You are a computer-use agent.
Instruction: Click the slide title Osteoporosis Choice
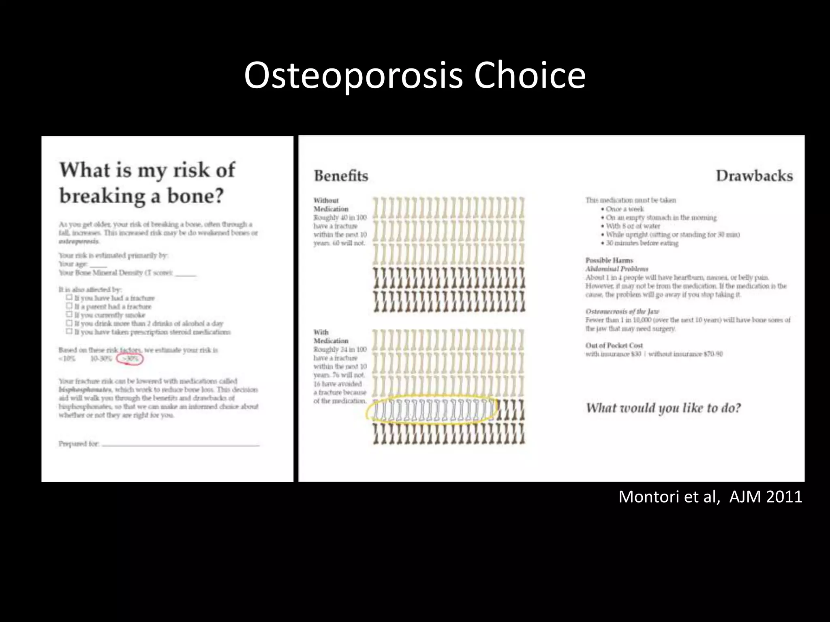(x=415, y=76)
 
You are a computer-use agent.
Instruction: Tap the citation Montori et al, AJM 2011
(x=710, y=496)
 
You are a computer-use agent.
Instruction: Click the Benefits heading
(x=341, y=176)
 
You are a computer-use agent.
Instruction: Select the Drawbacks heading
(x=754, y=176)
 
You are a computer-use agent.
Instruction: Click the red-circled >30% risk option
(x=130, y=359)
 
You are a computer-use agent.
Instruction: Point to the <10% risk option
(x=67, y=359)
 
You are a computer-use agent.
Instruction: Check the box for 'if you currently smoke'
(x=69, y=315)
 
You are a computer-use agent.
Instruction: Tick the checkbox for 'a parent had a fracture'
(x=69, y=306)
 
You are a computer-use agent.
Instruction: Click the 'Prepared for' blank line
(x=180, y=444)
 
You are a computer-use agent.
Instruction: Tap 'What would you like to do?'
(x=663, y=408)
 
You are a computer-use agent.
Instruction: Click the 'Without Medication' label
(x=330, y=204)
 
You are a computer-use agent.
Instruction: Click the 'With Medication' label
(x=330, y=337)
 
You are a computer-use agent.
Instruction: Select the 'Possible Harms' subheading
(x=609, y=260)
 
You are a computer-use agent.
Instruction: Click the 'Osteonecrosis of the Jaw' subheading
(x=622, y=311)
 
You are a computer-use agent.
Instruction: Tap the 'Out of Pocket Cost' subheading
(x=614, y=345)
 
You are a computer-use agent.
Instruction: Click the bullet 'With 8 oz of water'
(x=633, y=226)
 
